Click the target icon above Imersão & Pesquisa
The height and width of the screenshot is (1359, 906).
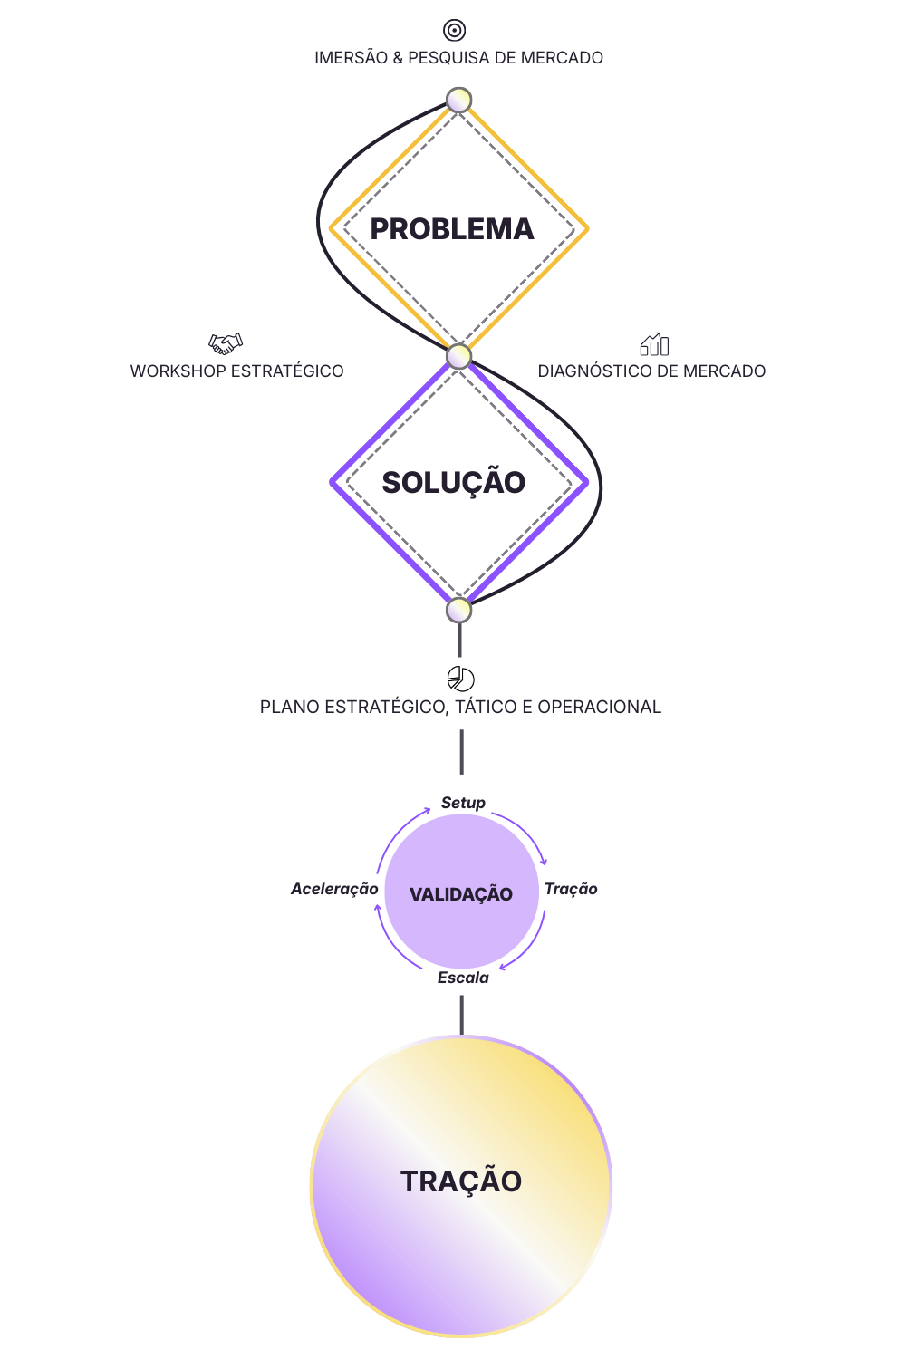pyautogui.click(x=454, y=30)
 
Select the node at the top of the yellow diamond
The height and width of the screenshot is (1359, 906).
pyautogui.click(x=459, y=100)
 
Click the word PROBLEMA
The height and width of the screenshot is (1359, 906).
pyautogui.click(x=452, y=229)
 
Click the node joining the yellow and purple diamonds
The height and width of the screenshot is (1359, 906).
pyautogui.click(x=459, y=356)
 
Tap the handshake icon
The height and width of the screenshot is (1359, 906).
pyautogui.click(x=226, y=343)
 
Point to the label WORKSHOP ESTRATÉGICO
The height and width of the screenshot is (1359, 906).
pyautogui.click(x=236, y=371)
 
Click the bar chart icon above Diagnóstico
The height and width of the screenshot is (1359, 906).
pyautogui.click(x=654, y=343)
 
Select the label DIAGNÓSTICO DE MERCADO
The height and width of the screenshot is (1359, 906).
pyautogui.click(x=651, y=371)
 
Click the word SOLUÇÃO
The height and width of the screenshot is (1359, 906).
pyautogui.click(x=453, y=483)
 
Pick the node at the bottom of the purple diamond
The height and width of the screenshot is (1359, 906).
pyautogui.click(x=459, y=610)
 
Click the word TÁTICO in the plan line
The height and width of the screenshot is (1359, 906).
pyautogui.click(x=486, y=708)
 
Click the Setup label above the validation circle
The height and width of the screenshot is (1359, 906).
pyautogui.click(x=463, y=803)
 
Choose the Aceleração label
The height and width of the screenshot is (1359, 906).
pyautogui.click(x=334, y=889)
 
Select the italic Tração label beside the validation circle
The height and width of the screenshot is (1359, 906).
pyautogui.click(x=571, y=889)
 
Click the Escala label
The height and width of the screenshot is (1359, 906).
pyautogui.click(x=463, y=978)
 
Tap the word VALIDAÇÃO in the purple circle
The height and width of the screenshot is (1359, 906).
pyautogui.click(x=461, y=894)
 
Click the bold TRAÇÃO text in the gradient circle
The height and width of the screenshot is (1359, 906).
pyautogui.click(x=461, y=1181)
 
